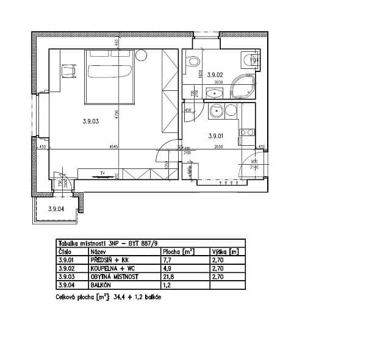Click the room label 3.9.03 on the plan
(90, 121)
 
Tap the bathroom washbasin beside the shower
(215, 93)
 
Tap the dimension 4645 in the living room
(113, 147)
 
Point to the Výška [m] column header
(224, 251)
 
